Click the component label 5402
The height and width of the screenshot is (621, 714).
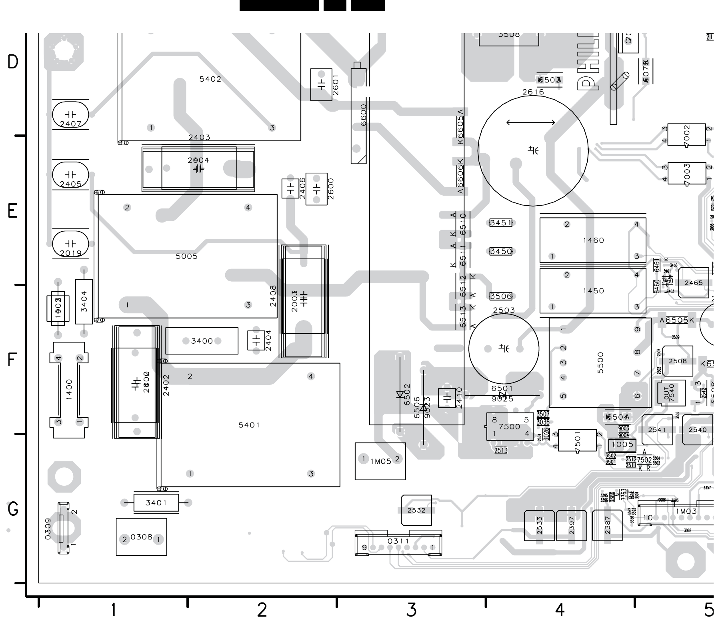click(x=210, y=79)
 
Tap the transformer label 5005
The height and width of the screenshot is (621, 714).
click(x=187, y=256)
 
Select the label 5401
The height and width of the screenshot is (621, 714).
click(x=249, y=425)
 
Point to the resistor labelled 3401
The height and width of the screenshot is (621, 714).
click(x=156, y=503)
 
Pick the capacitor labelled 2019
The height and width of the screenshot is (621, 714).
click(x=70, y=245)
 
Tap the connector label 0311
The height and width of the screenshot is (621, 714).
click(x=398, y=541)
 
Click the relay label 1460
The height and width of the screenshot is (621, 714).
click(x=593, y=240)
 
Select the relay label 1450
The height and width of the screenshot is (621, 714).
click(x=593, y=291)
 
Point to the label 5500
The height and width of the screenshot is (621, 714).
click(x=600, y=363)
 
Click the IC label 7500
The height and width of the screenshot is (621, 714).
click(x=509, y=427)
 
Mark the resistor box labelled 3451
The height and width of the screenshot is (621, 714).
click(x=501, y=223)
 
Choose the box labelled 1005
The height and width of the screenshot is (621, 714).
click(x=622, y=445)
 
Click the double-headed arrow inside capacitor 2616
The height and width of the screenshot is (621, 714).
click(x=531, y=122)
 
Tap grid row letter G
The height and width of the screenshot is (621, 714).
click(x=13, y=509)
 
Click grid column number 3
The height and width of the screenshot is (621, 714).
click(x=411, y=610)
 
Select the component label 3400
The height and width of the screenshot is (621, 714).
click(x=202, y=341)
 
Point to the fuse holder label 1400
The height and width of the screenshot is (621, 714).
click(x=69, y=390)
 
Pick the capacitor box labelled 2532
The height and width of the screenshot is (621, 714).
click(x=416, y=510)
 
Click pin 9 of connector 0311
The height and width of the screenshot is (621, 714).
click(x=364, y=547)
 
